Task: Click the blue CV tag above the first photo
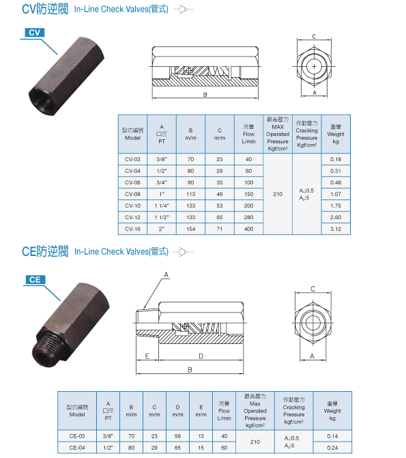tap(35, 33)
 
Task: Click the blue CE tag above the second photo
tap(35, 280)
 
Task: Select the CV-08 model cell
tap(132, 195)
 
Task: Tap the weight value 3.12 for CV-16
tap(336, 229)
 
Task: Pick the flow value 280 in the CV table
tap(248, 217)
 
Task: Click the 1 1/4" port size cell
tap(162, 206)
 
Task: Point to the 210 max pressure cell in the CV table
tap(278, 194)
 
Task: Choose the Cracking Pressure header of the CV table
tap(306, 134)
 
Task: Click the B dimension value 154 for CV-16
tap(191, 229)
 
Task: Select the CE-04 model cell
tap(77, 448)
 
